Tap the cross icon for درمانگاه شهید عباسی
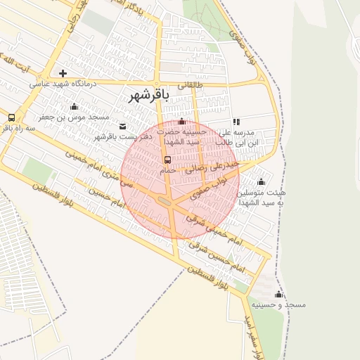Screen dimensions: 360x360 pos(63,73)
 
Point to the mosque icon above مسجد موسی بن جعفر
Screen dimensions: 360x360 pos(74,106)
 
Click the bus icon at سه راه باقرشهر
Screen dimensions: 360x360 pos(11,118)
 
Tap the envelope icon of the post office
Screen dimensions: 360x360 pos(124,127)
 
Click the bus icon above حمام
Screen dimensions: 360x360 pos(167,160)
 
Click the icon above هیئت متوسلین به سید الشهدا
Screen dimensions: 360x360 pos(261,182)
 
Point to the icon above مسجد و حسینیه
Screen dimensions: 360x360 pos(278,295)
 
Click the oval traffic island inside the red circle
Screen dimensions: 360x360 pos(165,202)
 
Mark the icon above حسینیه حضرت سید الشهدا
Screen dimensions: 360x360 pos(182,122)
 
